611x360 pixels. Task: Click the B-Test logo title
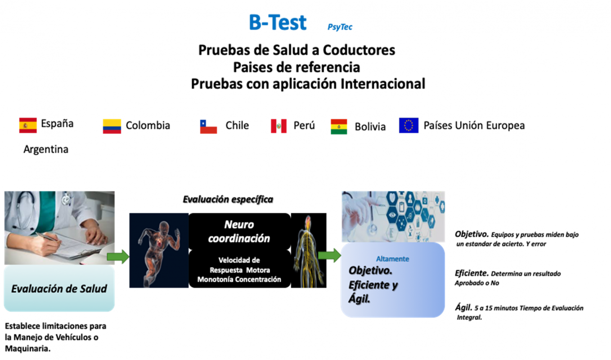click(x=278, y=22)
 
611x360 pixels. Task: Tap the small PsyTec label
click(x=340, y=27)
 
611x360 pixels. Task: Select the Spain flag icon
click(x=28, y=125)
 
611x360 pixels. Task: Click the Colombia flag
click(x=112, y=126)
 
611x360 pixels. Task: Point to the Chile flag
click(x=208, y=126)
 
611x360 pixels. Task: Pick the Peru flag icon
click(x=279, y=126)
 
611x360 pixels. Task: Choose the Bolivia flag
click(x=339, y=126)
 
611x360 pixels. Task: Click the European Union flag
click(x=409, y=126)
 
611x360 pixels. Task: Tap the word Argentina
click(x=46, y=149)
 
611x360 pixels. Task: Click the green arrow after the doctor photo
click(x=118, y=256)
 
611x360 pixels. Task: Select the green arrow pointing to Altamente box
click(x=329, y=255)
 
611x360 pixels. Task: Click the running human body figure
click(x=159, y=250)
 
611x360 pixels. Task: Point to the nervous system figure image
click(x=309, y=250)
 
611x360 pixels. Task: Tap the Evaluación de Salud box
click(x=59, y=288)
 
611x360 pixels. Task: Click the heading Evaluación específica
click(x=228, y=200)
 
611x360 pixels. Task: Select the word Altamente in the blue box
click(x=392, y=259)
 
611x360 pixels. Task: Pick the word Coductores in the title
click(x=359, y=50)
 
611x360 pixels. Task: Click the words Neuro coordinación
click(x=239, y=232)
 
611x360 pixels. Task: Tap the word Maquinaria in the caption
click(x=27, y=349)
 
